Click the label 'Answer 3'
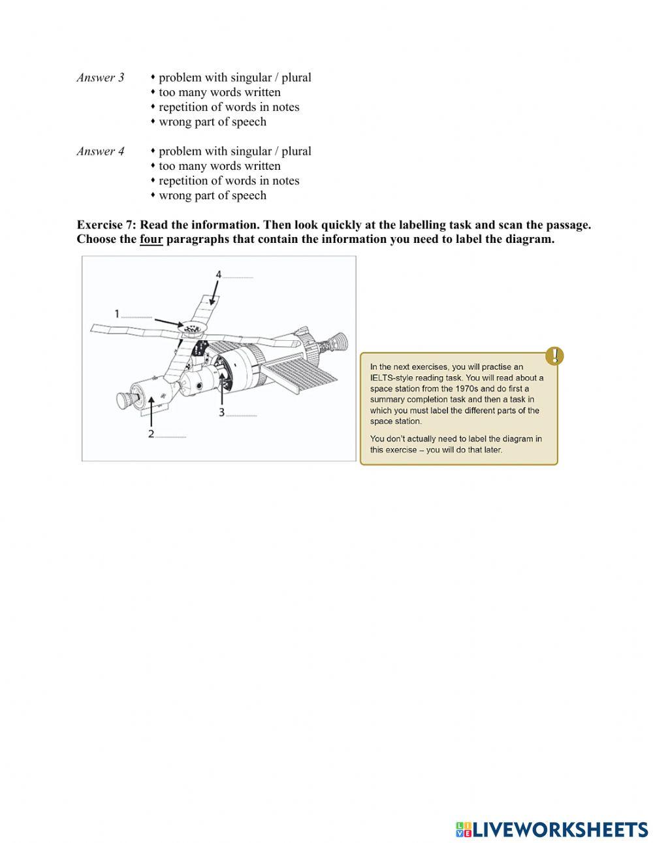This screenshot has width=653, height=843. [x=100, y=78]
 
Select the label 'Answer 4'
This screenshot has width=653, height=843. [x=100, y=151]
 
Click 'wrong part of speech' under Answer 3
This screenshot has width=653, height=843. [x=212, y=121]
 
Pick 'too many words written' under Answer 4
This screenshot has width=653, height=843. [x=219, y=166]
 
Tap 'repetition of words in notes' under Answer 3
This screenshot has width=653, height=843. [x=229, y=107]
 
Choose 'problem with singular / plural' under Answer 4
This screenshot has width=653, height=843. [x=234, y=151]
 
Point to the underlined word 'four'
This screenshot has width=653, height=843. [x=151, y=239]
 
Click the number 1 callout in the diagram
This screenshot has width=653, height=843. [x=118, y=314]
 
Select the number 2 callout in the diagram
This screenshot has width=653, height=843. [x=151, y=434]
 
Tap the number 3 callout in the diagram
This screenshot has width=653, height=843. [x=222, y=412]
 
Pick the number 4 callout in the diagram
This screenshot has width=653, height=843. [x=219, y=274]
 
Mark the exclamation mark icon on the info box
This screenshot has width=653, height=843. [x=554, y=356]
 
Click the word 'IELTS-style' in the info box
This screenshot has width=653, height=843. [x=394, y=377]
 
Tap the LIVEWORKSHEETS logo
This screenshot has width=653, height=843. [x=552, y=829]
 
